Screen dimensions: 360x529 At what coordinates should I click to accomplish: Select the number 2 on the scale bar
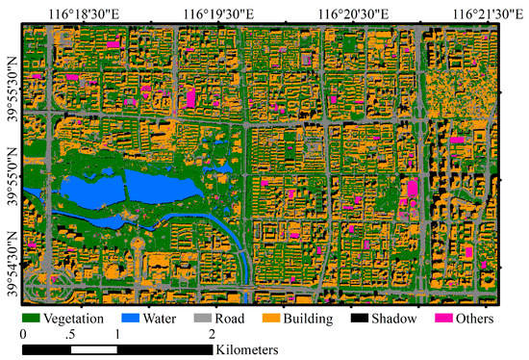point(212,333)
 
